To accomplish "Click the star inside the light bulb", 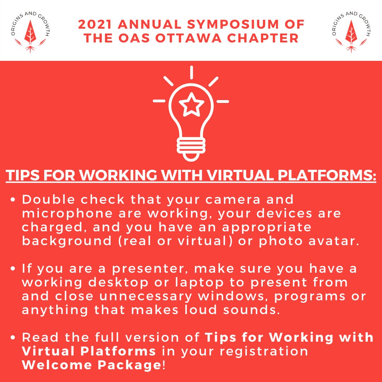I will (x=191, y=104).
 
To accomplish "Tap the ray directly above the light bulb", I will (x=191, y=72).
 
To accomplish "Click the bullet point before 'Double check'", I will (x=13, y=201).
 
